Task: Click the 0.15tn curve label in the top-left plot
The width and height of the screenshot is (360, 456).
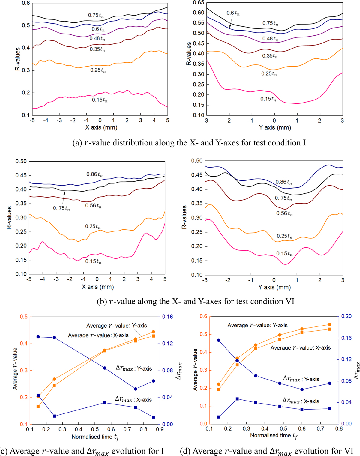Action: click(100, 100)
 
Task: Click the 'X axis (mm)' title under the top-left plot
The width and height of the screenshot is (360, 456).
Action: click(101, 127)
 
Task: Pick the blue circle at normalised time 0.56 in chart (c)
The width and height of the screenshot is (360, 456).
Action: click(105, 368)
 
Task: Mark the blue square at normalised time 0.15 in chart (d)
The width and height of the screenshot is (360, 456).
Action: click(219, 417)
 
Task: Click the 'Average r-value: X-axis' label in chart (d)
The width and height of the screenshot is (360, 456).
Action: click(300, 348)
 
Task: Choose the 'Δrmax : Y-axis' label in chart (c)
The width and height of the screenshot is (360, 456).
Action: click(134, 368)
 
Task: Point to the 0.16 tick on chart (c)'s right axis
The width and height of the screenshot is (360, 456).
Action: click(167, 317)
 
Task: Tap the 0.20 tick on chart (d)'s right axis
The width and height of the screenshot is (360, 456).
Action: click(347, 316)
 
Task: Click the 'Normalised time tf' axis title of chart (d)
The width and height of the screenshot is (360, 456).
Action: click(274, 436)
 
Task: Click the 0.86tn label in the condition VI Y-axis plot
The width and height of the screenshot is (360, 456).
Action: click(284, 182)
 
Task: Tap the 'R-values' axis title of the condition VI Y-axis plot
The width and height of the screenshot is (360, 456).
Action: click(184, 217)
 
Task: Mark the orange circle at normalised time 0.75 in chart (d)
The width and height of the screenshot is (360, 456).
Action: click(330, 325)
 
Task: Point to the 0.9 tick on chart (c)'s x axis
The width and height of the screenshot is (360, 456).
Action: click(160, 430)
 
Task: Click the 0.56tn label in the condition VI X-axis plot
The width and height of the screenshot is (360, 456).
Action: click(93, 206)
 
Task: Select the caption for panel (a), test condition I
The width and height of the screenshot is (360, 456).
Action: click(189, 143)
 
